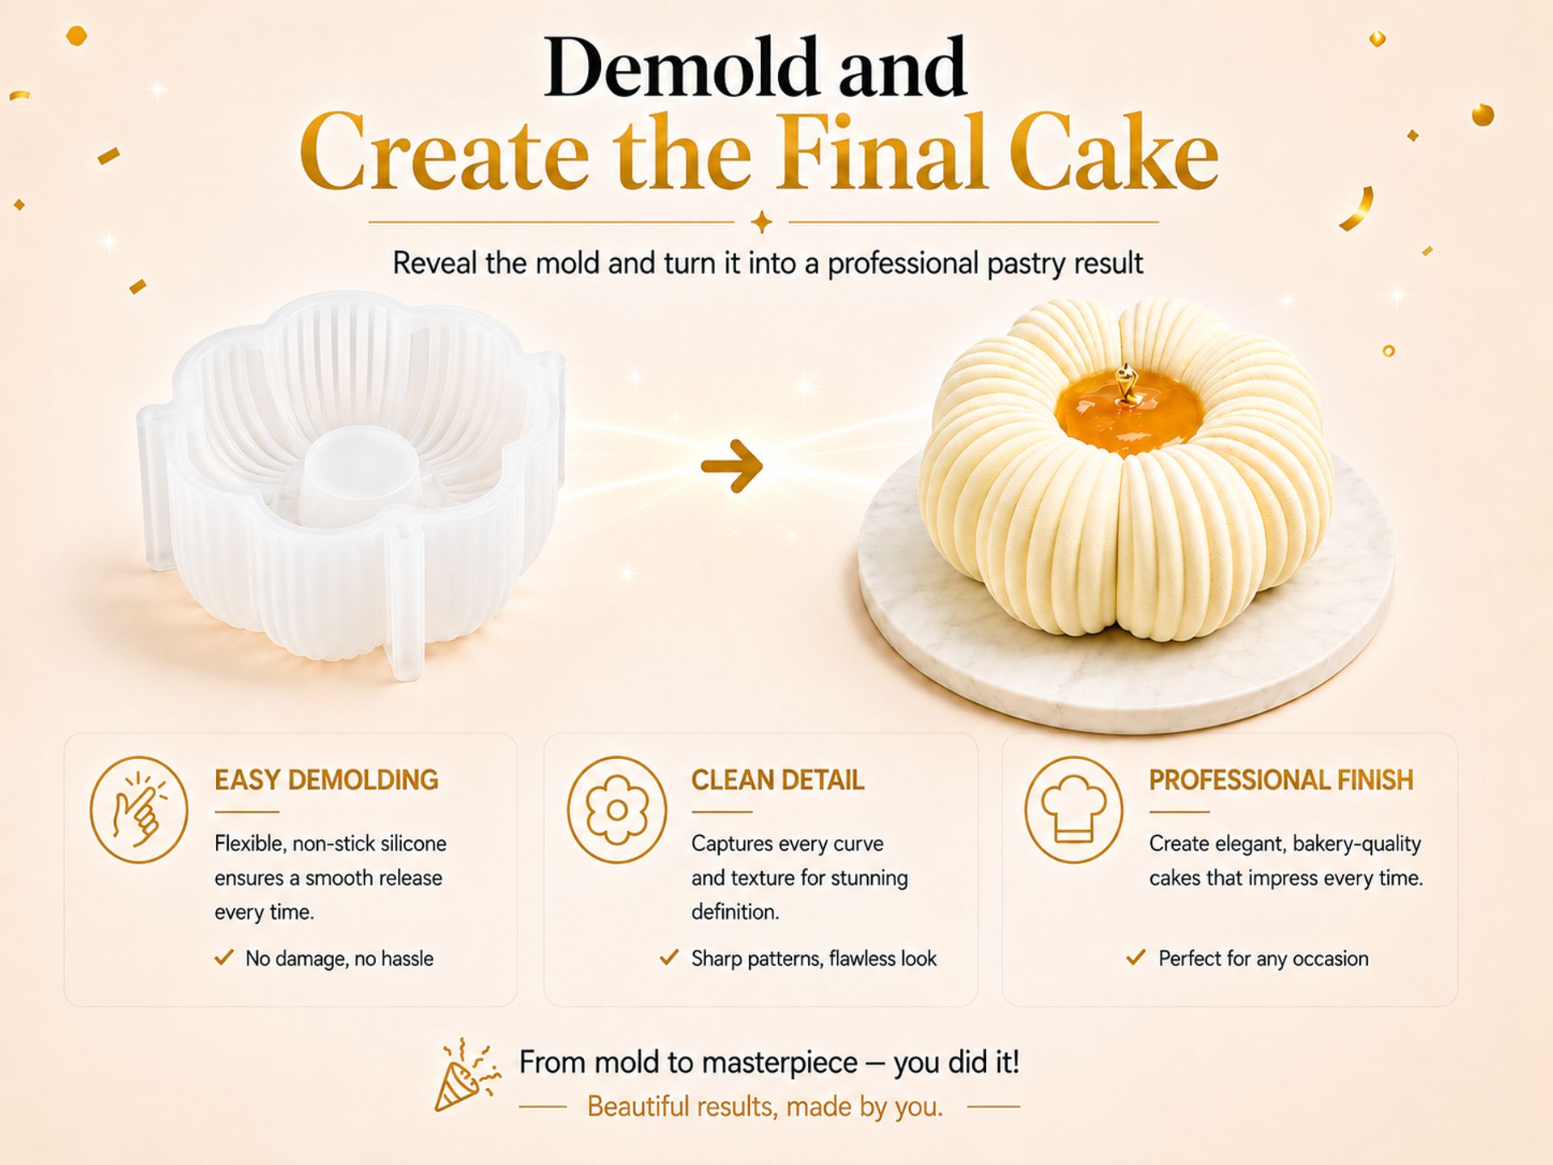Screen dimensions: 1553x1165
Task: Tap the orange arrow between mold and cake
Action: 732,466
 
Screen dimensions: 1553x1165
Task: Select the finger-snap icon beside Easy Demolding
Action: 138,809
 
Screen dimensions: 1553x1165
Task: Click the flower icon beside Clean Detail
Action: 616,809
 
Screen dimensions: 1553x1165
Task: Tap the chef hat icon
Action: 1074,809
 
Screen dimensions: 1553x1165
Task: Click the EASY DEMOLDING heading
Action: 326,780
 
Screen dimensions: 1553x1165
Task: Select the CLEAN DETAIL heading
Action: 777,780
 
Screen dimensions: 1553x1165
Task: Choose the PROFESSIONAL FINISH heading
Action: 1281,780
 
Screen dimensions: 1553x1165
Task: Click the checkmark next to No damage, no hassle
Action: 224,958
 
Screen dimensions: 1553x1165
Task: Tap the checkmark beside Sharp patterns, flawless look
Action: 669,958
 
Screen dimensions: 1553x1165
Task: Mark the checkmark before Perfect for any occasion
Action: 1136,958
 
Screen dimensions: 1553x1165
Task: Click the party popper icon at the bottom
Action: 467,1076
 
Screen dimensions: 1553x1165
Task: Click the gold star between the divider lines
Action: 761,221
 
